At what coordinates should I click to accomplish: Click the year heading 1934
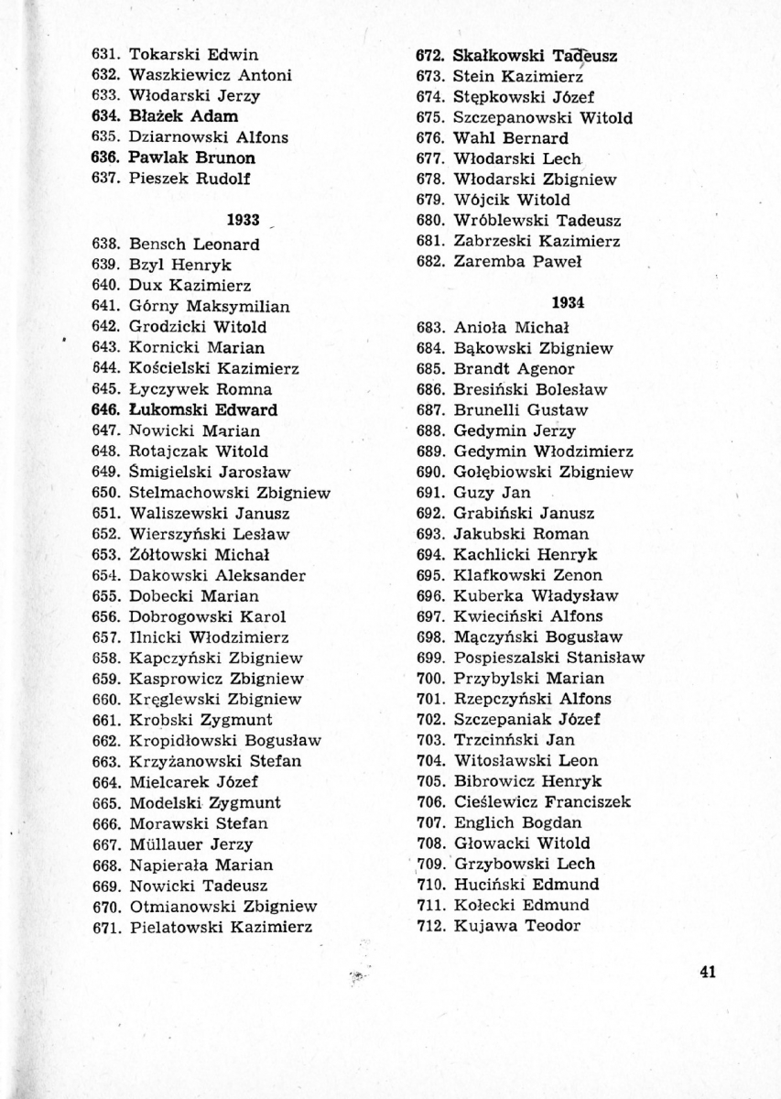569,303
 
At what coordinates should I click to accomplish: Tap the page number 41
706,973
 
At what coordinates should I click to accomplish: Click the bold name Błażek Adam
183,116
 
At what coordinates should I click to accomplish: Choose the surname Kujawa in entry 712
483,926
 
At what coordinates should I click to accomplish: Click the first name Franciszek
583,801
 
